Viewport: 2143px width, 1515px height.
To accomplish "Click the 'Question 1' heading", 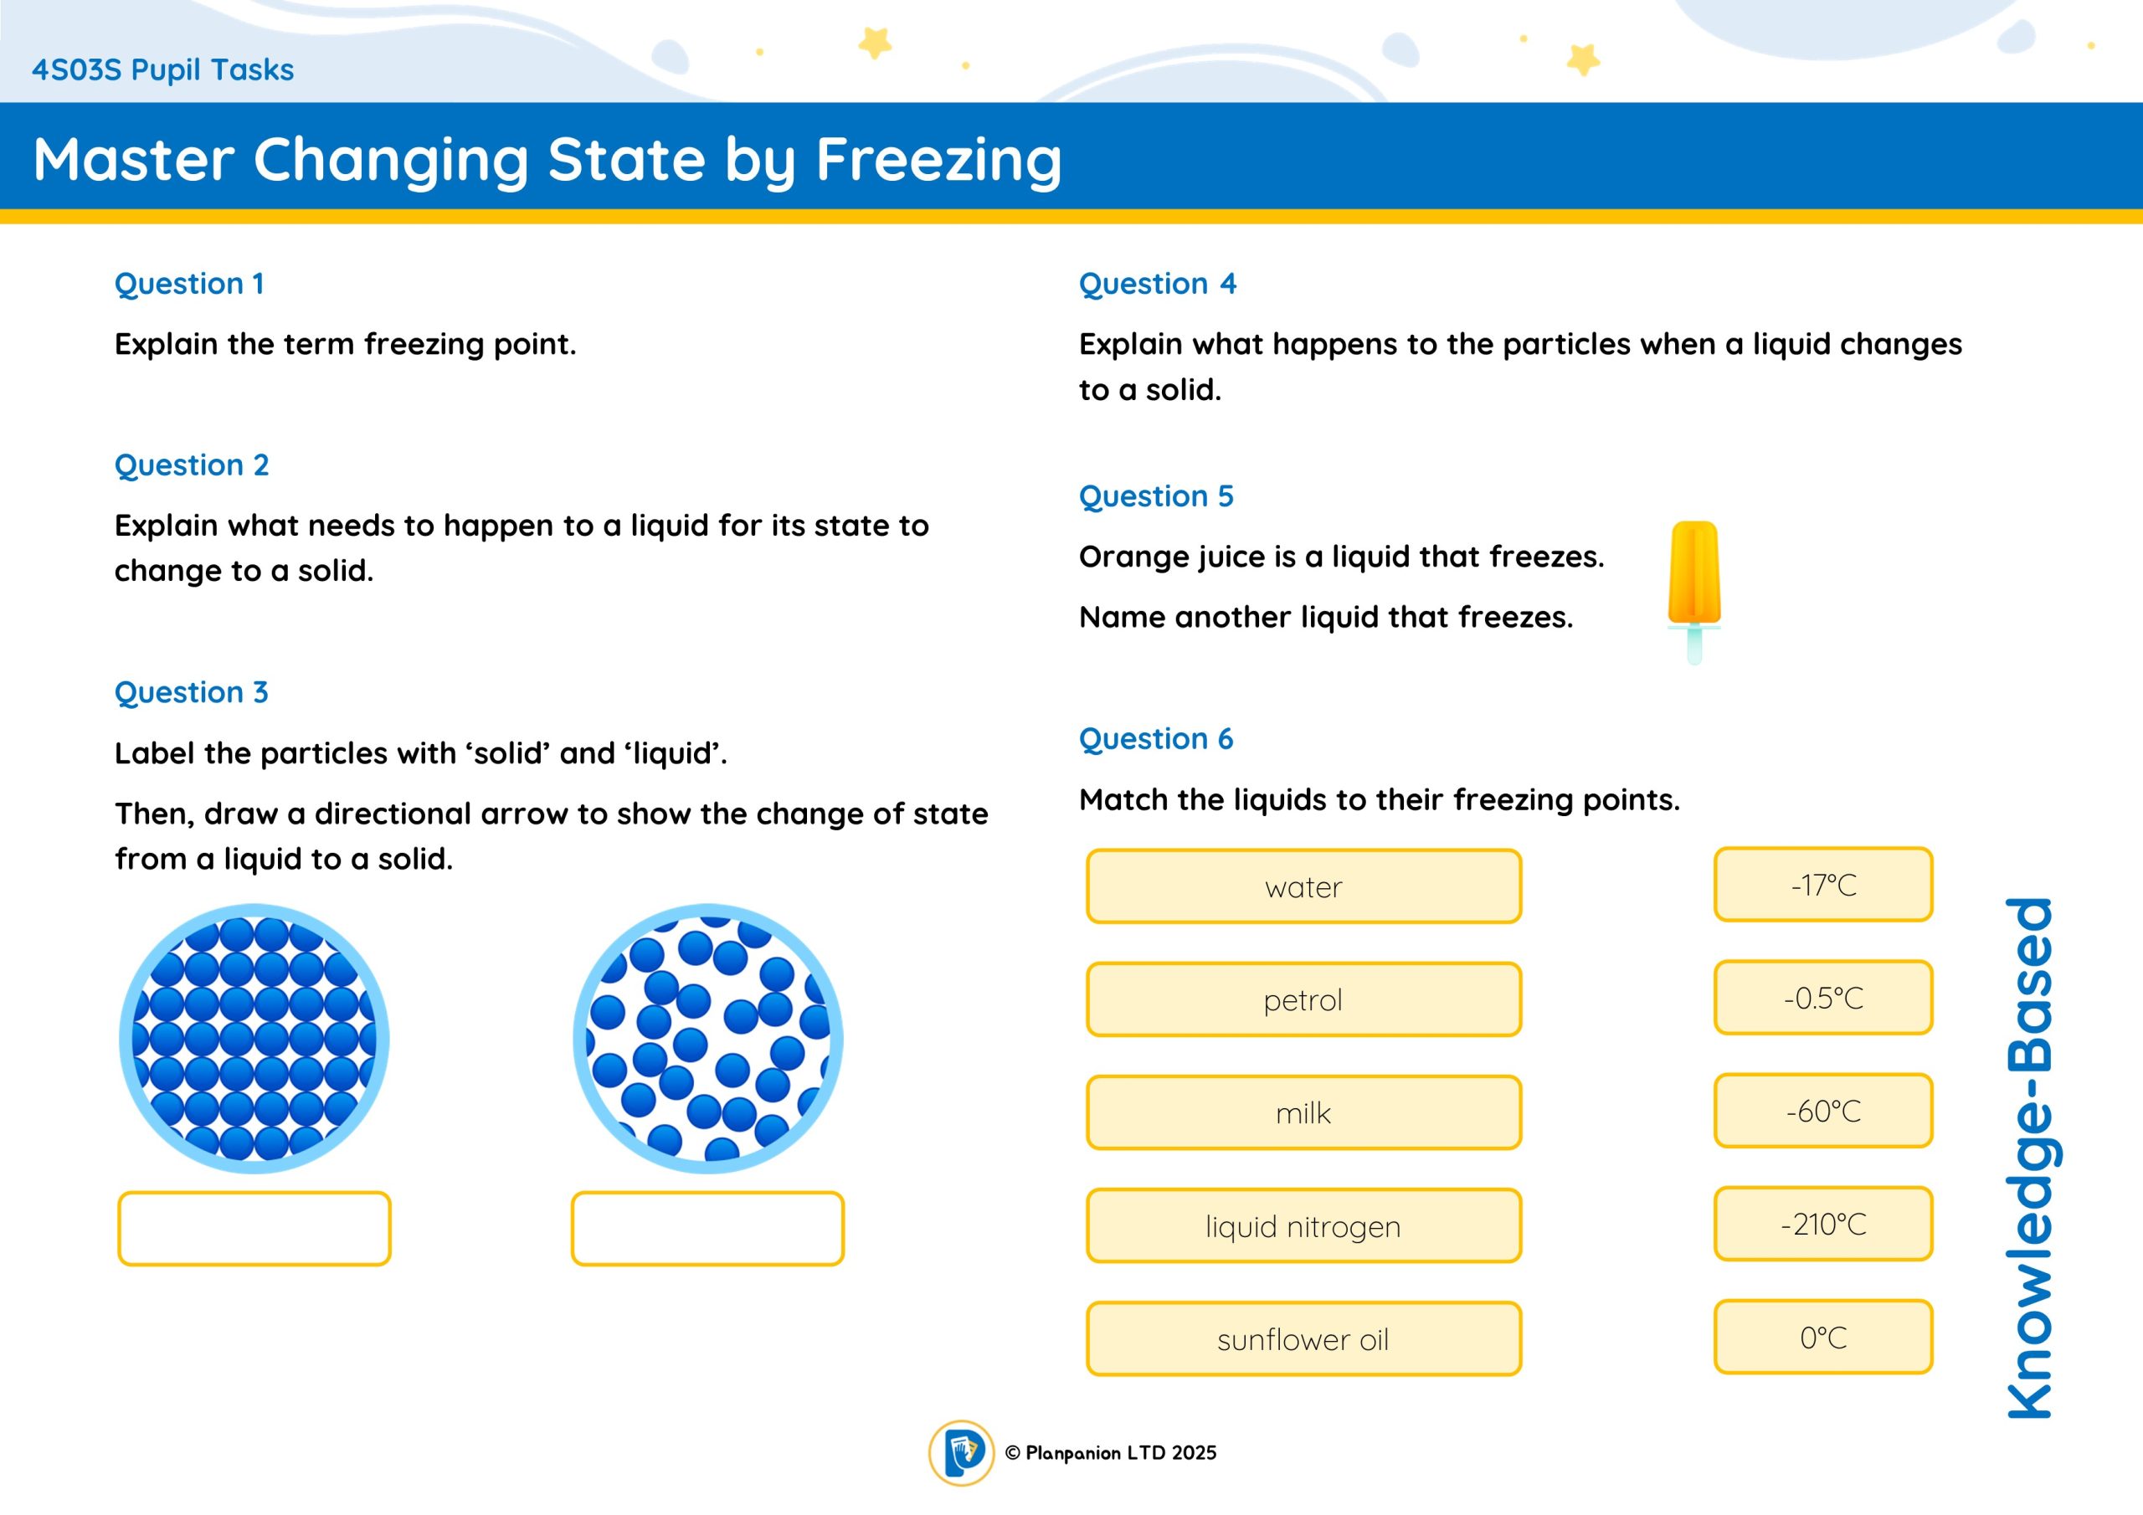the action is pyautogui.click(x=189, y=283).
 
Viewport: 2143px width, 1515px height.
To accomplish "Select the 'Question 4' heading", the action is pyautogui.click(x=1158, y=283).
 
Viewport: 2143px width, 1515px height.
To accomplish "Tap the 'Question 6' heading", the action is pyautogui.click(x=1155, y=738).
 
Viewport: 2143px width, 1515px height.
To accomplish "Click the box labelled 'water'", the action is pyautogui.click(x=1303, y=886).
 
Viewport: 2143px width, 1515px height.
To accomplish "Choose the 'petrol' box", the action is pyautogui.click(x=1303, y=999).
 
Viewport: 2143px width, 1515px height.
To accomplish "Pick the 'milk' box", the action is pyautogui.click(x=1303, y=1112).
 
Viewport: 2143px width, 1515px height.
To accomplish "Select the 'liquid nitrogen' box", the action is pyautogui.click(x=1303, y=1225).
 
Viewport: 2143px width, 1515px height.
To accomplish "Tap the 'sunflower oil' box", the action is pyautogui.click(x=1303, y=1338).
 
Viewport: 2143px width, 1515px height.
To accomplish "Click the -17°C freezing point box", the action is pyautogui.click(x=1823, y=884).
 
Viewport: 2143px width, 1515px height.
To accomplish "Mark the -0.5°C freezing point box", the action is pyautogui.click(x=1823, y=997).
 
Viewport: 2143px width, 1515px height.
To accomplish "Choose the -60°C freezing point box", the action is pyautogui.click(x=1823, y=1110).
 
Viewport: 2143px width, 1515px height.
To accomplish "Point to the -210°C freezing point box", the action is pyautogui.click(x=1823, y=1224).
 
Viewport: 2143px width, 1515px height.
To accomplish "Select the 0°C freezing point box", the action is pyautogui.click(x=1823, y=1337).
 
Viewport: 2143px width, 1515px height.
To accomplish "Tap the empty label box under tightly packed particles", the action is pyautogui.click(x=254, y=1229).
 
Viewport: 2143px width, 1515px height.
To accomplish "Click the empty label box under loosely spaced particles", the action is pyautogui.click(x=707, y=1229).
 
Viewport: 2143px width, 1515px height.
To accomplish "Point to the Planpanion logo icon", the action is pyautogui.click(x=961, y=1452).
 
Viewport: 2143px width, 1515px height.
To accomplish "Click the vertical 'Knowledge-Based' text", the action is pyautogui.click(x=2029, y=1158).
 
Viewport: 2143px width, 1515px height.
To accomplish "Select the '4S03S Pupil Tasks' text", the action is pyautogui.click(x=162, y=70).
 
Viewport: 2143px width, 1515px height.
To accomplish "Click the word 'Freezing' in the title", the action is pyautogui.click(x=939, y=161).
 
